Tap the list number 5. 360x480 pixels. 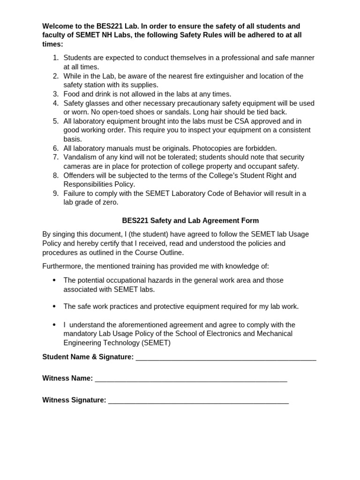tap(55, 121)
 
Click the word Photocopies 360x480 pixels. tap(214, 148)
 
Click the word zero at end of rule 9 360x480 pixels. tap(111, 202)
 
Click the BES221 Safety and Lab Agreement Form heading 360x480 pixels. tap(190, 220)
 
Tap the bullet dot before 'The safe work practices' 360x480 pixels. tap(54, 306)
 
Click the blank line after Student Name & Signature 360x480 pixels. tap(225, 358)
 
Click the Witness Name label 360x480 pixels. tap(67, 378)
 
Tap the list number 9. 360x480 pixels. tap(55, 194)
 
